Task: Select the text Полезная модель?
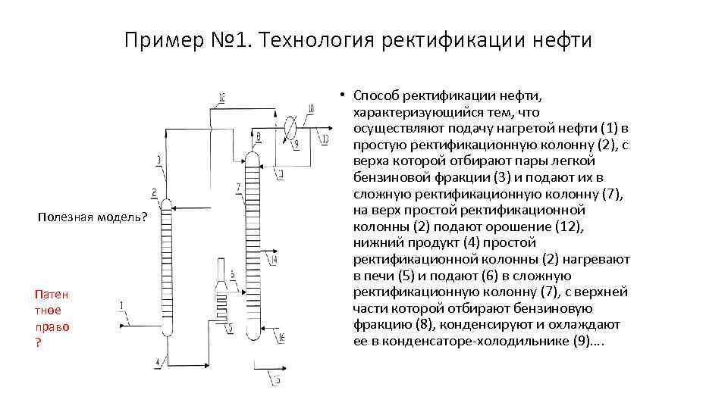click(93, 217)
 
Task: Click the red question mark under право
click(38, 342)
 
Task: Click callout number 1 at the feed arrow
click(122, 304)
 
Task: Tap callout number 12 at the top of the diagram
click(221, 96)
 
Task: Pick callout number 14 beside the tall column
click(274, 259)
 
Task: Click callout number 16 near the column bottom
click(282, 336)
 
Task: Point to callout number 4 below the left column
click(157, 363)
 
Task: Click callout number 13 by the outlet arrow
click(325, 139)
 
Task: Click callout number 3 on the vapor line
click(158, 159)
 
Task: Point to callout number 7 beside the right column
click(239, 186)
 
